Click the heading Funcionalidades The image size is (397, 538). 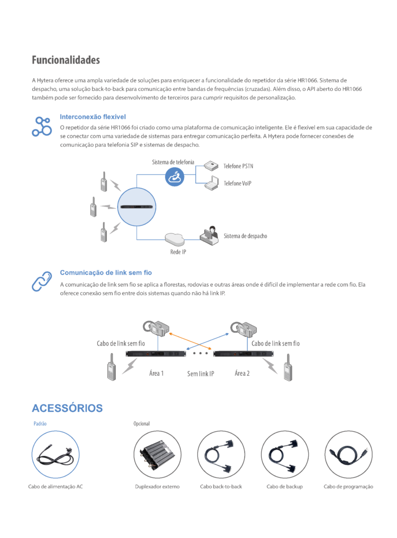tap(66, 60)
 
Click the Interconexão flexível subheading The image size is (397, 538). tap(93, 117)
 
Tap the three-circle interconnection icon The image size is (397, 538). tap(42, 127)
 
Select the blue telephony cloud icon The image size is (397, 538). tap(175, 177)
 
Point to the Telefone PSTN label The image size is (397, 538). tap(238, 166)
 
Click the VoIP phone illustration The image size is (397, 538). tap(212, 183)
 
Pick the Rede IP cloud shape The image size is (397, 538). tap(175, 239)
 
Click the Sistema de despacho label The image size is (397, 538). tap(245, 236)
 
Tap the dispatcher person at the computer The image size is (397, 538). tap(209, 235)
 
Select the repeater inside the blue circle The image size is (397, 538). tap(137, 207)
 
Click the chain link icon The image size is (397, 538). tap(42, 282)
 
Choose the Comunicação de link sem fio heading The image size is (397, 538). tap(106, 273)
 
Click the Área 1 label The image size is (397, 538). tap(156, 374)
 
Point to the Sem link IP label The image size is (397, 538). tap(200, 374)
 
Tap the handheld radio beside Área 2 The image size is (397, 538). tap(288, 367)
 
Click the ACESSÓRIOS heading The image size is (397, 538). tap(67, 408)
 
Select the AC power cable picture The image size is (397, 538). tap(56, 454)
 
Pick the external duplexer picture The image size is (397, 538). tap(157, 454)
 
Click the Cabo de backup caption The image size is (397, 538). tap(284, 487)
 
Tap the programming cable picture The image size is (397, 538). tap(349, 454)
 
